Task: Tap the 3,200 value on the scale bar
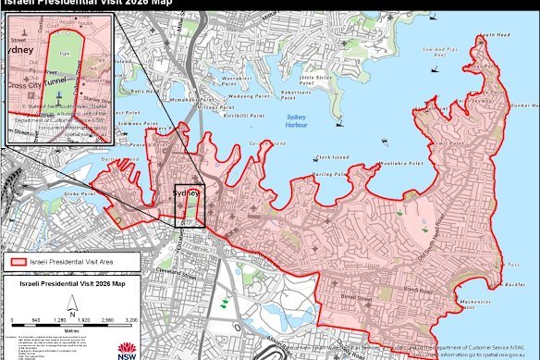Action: [130, 320]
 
